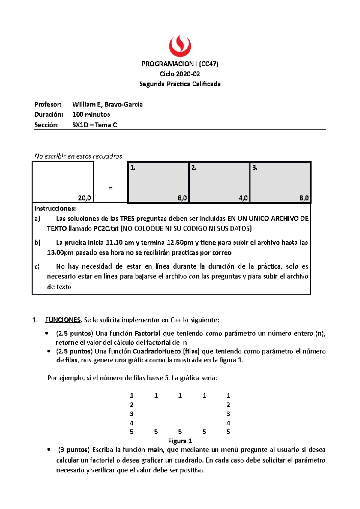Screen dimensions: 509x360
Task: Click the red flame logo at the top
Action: tap(180, 46)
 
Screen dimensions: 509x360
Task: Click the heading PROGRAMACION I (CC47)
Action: tap(180, 64)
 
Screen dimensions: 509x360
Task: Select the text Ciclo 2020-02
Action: tap(180, 74)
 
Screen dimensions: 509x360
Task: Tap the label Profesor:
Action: tap(48, 104)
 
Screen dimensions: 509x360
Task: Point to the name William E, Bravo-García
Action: tap(107, 104)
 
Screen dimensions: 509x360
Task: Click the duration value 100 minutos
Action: tap(91, 115)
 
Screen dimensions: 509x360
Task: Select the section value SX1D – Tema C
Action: tap(94, 125)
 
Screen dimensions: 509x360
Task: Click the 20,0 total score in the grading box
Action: tap(84, 198)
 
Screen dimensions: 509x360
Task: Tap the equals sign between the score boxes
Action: tap(111, 188)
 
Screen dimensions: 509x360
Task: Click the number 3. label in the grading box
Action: tap(255, 168)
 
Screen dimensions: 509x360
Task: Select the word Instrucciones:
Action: tap(55, 209)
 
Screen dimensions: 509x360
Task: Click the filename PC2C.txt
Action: tap(106, 229)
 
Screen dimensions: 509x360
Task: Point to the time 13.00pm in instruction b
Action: tap(60, 253)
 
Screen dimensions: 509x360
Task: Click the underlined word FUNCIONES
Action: tap(63, 320)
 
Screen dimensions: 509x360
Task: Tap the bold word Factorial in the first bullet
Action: tap(147, 334)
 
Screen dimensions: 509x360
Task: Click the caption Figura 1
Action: tap(180, 441)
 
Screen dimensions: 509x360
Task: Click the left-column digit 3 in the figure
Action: tap(132, 414)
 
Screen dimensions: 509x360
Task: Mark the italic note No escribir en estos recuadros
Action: tap(78, 156)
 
